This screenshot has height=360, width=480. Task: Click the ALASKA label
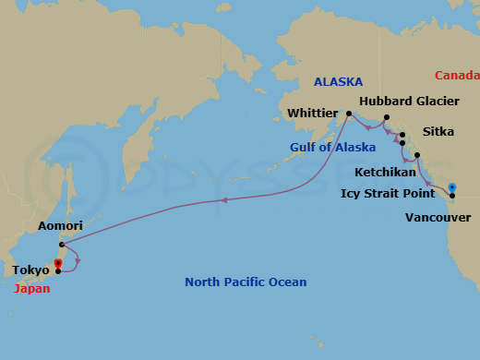[338, 81]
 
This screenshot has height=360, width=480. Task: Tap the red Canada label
[457, 76]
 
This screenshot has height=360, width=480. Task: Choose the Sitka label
[438, 132]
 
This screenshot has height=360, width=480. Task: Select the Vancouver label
[438, 218]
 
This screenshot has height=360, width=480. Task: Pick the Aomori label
[60, 226]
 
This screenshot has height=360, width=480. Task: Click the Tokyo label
[31, 270]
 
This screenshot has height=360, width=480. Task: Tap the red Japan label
[32, 288]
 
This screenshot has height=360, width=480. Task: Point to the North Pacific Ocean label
[246, 282]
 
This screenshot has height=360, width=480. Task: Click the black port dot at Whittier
[348, 114]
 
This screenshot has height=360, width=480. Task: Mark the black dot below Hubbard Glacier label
[387, 117]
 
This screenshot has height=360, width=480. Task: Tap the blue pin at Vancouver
[452, 189]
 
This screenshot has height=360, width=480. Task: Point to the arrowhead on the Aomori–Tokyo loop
[78, 260]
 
